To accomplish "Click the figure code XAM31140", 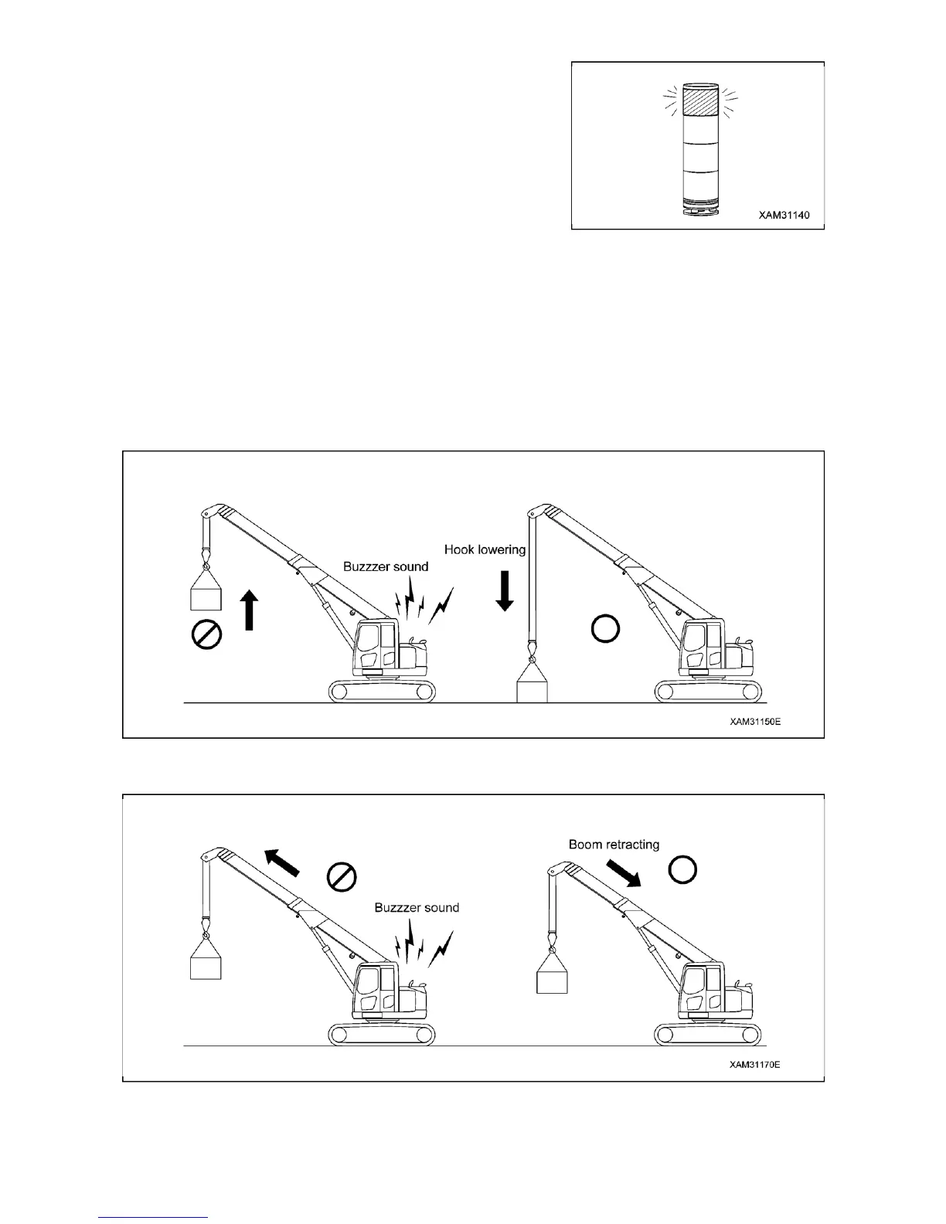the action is tap(784, 215).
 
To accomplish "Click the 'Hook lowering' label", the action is tap(485, 550).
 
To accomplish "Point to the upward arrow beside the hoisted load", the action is tap(250, 610).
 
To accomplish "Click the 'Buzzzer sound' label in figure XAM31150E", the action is tap(386, 566).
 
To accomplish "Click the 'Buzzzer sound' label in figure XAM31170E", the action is tap(417, 907).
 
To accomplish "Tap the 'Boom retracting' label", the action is tap(614, 844).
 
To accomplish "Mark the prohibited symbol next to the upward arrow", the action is tap(206, 635).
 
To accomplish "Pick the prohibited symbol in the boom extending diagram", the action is tap(341, 876).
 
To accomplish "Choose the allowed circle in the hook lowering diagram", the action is tap(604, 629).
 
